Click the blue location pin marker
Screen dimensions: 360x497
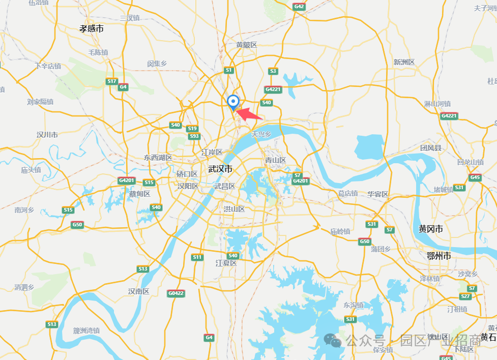(x=233, y=102)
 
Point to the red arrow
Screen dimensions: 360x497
(x=249, y=114)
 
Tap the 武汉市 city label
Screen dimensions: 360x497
(x=220, y=169)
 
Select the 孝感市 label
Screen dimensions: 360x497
(x=92, y=29)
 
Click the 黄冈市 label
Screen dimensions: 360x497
(x=430, y=229)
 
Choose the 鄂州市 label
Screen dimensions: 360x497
(x=438, y=256)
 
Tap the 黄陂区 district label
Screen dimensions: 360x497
(x=247, y=45)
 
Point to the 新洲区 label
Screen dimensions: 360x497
(x=404, y=62)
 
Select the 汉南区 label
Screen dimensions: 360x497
(x=138, y=291)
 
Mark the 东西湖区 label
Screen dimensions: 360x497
(x=158, y=158)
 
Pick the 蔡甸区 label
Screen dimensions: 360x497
(x=139, y=194)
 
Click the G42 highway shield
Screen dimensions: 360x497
(x=299, y=7)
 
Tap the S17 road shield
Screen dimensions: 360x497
(x=112, y=81)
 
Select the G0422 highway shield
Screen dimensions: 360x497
(x=176, y=293)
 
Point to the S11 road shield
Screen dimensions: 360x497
(x=197, y=257)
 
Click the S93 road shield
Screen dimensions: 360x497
(x=194, y=136)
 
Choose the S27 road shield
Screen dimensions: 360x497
(x=465, y=296)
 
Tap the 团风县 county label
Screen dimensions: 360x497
(x=430, y=148)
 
